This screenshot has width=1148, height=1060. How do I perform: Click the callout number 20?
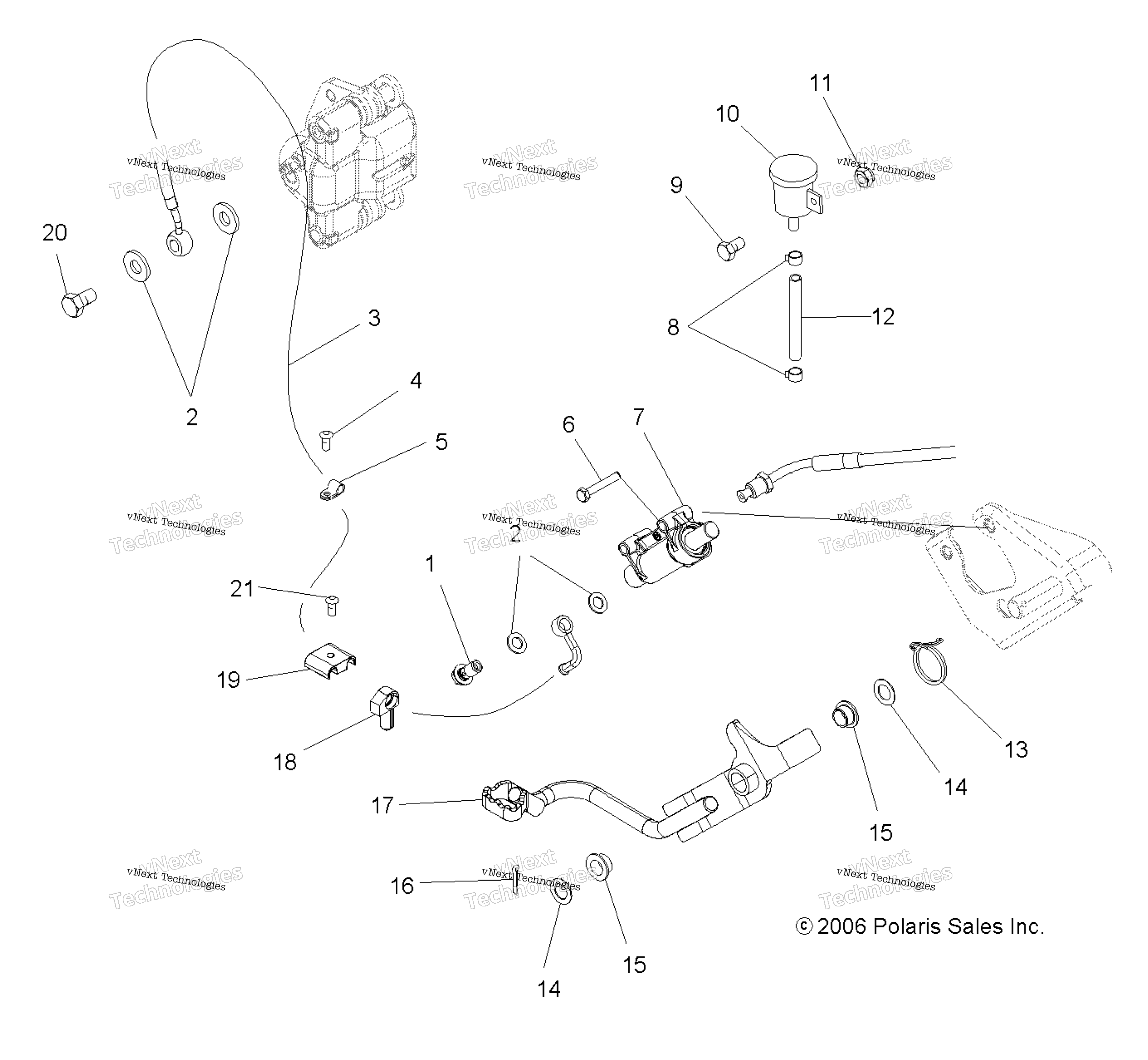(55, 232)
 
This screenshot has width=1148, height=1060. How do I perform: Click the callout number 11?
(820, 83)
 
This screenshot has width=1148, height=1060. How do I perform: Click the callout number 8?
(673, 327)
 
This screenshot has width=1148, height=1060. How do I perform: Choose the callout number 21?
(241, 589)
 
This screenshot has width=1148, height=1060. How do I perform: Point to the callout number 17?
(383, 805)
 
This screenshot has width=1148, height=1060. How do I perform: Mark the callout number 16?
(402, 886)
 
